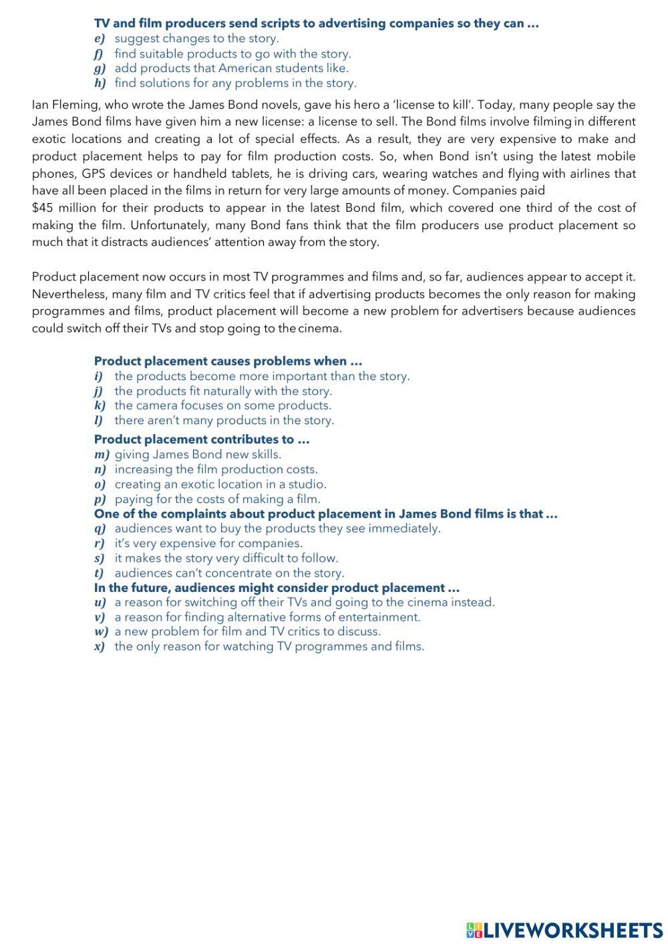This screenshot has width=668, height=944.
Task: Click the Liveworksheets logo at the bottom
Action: click(564, 929)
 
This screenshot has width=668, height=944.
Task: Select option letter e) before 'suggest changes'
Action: click(100, 39)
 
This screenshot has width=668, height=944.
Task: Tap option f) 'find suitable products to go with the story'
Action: click(232, 53)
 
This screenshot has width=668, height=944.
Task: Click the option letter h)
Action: click(100, 84)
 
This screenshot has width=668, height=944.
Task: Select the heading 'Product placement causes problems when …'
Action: click(228, 361)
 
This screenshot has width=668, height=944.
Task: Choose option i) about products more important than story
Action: click(261, 376)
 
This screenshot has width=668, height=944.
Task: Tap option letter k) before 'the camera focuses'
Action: click(100, 406)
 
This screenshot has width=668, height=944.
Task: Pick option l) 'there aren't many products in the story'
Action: click(224, 420)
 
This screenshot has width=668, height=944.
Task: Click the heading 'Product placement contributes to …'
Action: click(202, 440)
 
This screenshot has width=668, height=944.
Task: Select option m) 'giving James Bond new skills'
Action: click(198, 454)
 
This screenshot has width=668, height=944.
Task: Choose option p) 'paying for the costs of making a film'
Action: click(217, 499)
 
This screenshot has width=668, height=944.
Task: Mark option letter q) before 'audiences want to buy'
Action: click(100, 528)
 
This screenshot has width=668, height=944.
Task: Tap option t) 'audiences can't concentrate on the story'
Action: click(229, 573)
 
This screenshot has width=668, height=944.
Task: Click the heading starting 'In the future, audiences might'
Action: click(277, 588)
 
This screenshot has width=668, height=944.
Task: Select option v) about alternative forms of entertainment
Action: click(267, 617)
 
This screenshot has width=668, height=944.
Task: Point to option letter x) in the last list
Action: click(100, 647)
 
